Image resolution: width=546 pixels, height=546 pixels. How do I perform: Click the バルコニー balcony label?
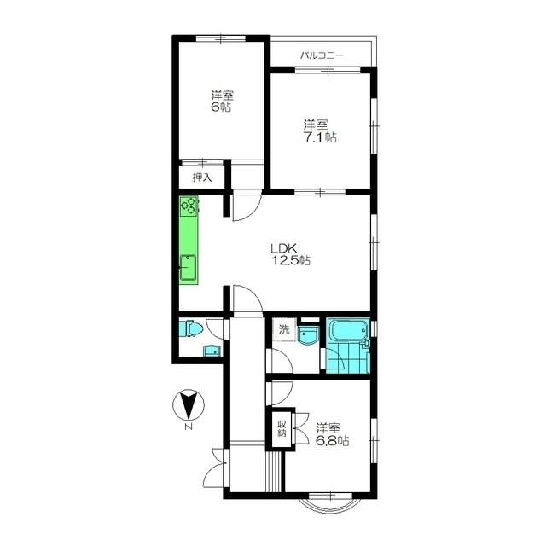point(322,55)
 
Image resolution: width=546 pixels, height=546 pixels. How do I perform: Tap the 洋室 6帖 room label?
point(222,101)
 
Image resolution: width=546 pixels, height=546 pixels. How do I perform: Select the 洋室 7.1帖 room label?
point(320,131)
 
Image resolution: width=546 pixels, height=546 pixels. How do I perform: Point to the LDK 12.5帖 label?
point(290,254)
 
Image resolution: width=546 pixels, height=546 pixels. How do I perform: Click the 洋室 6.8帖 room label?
point(332,434)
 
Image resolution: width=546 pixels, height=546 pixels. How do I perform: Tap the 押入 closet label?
point(202,177)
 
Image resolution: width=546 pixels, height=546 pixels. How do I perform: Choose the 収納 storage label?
point(282,428)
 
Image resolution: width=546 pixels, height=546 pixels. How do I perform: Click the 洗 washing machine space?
point(284,329)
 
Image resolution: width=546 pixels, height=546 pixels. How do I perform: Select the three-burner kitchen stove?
point(189,206)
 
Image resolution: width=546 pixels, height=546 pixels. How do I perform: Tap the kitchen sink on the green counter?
point(188,267)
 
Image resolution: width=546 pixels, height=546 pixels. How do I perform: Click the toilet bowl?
point(191,328)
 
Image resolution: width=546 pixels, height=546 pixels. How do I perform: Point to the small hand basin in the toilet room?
point(212,351)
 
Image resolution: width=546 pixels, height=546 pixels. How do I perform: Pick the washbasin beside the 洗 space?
point(308,335)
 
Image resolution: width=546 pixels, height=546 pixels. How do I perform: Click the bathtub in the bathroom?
point(348,330)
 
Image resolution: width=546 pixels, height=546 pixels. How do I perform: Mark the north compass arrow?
point(189,404)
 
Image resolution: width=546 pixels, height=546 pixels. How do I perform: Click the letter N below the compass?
point(189,427)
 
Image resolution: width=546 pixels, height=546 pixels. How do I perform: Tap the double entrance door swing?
point(214,468)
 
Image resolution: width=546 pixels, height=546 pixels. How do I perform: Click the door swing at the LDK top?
point(247,206)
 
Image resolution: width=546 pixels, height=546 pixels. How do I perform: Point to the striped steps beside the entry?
point(274,472)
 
